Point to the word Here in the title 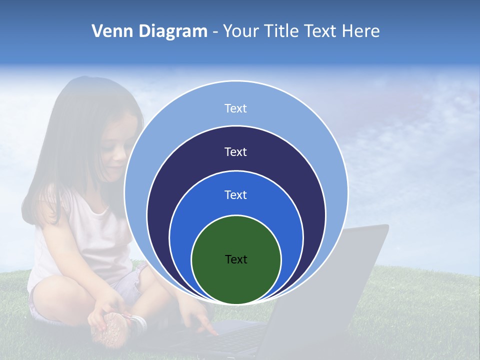click(360, 31)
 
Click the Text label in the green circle click(236, 259)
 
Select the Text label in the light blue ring click(236, 108)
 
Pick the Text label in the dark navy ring click(236, 152)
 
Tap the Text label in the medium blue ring click(236, 195)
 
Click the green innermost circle click(236, 280)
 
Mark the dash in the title click(215, 32)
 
